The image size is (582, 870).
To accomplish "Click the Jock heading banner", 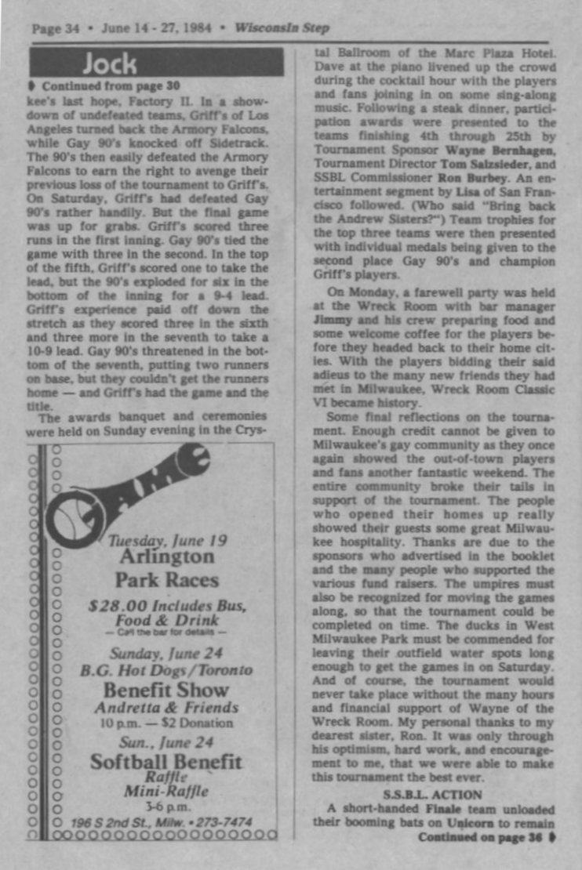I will (156, 62).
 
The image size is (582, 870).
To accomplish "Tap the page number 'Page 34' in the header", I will (55, 28).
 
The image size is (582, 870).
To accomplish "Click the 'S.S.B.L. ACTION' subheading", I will (428, 795).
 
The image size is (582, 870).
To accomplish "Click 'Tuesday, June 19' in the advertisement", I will (168, 541).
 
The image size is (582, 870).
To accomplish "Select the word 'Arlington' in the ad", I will (166, 557).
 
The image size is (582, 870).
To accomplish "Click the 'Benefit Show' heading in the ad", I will (166, 691).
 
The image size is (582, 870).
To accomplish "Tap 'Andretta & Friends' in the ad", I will (166, 708).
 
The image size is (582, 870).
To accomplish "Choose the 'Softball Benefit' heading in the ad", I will (166, 761).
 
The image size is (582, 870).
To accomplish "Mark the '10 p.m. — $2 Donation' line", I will (166, 723).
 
